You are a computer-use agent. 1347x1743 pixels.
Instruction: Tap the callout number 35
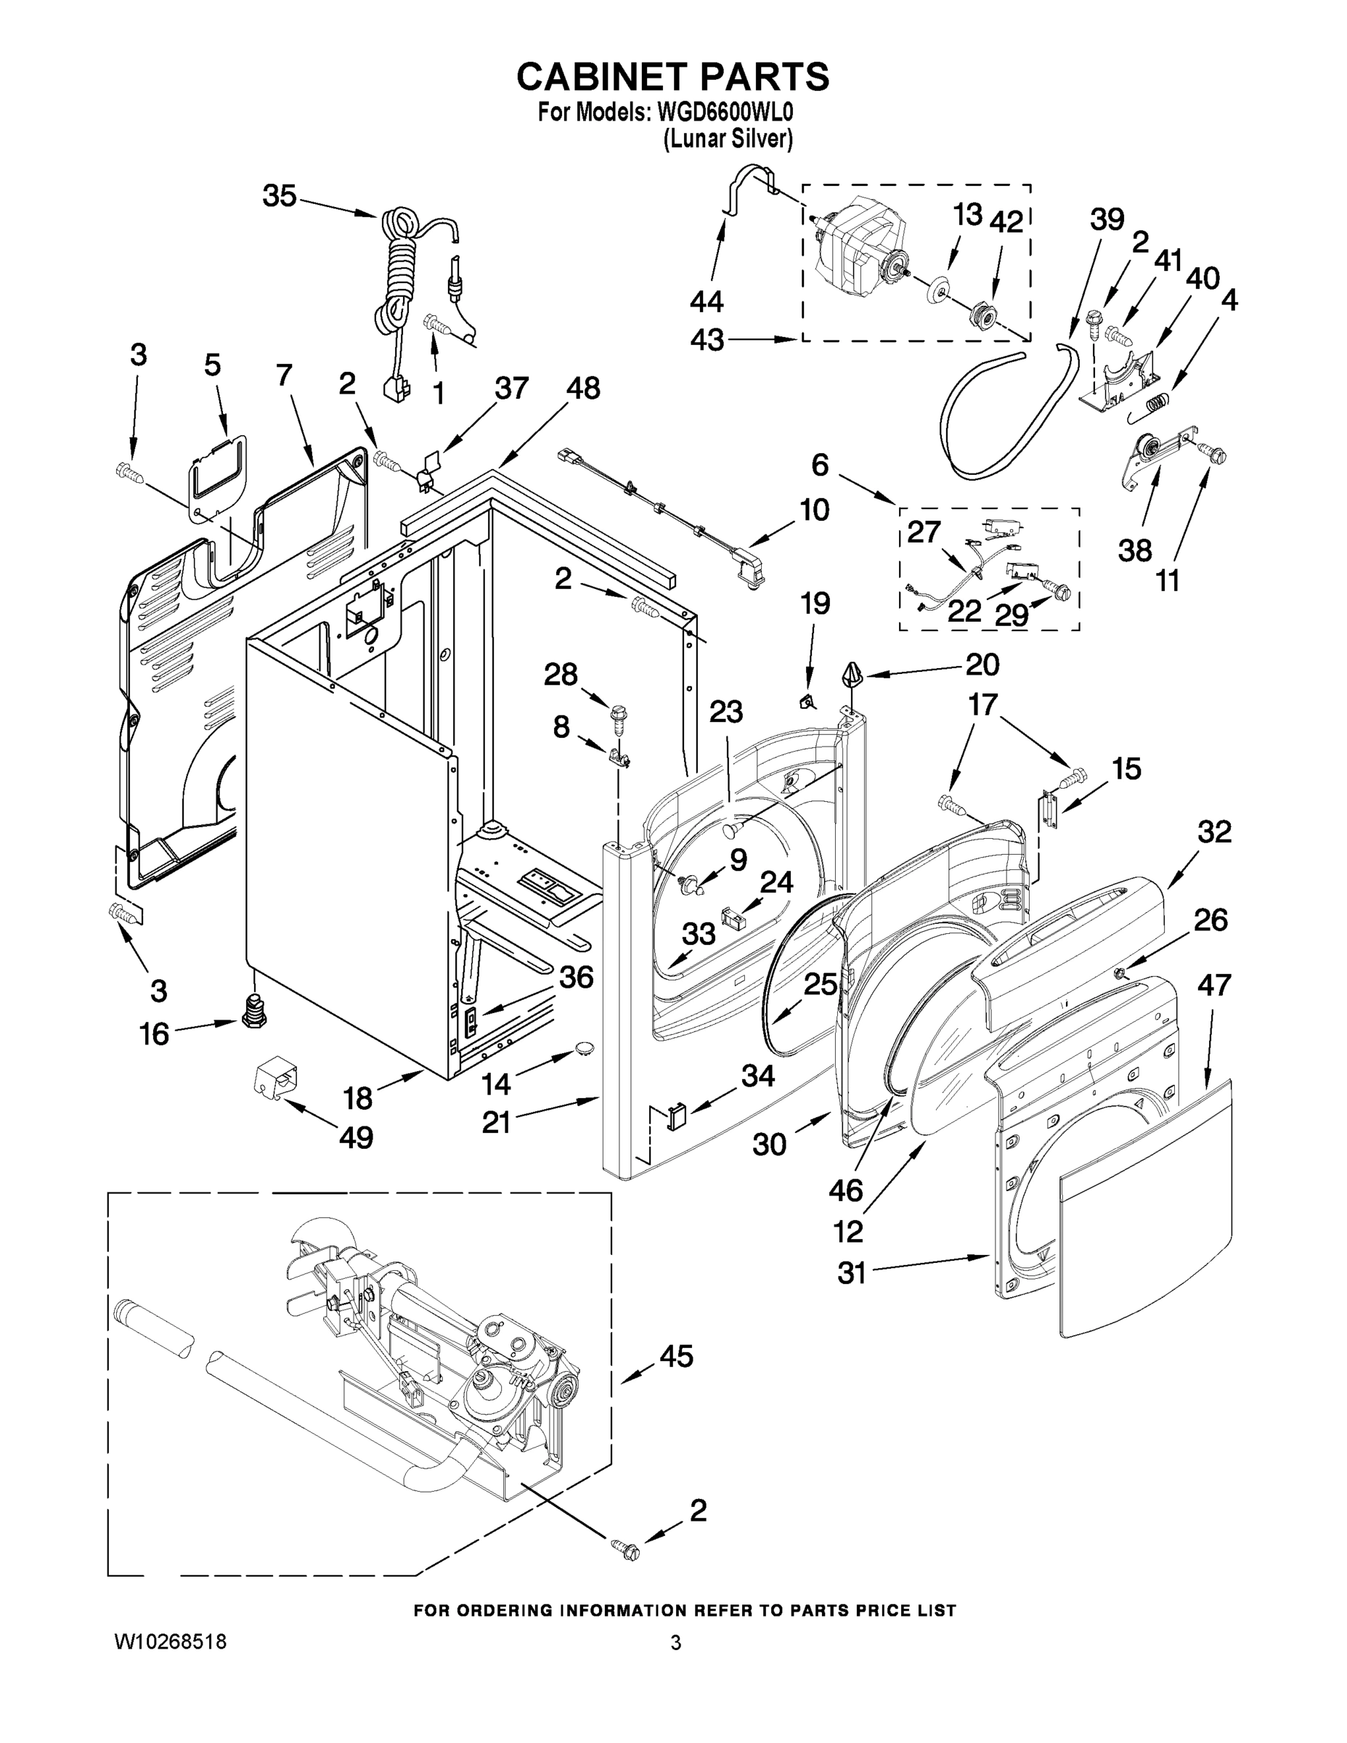tap(280, 195)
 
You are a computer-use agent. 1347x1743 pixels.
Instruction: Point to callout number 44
tap(707, 301)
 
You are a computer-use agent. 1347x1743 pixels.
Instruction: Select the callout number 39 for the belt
tap(1107, 219)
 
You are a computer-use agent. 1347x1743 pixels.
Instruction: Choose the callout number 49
tap(356, 1137)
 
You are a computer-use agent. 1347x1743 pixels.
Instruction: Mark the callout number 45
tap(676, 1356)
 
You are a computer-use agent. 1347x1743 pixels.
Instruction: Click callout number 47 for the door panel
tap(1213, 985)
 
